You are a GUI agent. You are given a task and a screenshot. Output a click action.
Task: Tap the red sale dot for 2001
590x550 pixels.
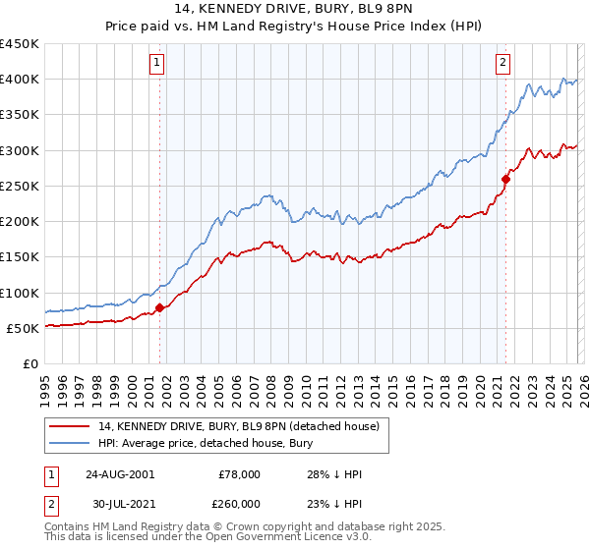[159, 307]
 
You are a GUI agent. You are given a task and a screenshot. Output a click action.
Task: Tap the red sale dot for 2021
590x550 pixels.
[505, 179]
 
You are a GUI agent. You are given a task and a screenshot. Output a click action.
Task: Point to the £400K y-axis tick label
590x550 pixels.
[20, 80]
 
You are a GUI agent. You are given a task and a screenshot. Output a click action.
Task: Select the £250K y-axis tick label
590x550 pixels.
[20, 186]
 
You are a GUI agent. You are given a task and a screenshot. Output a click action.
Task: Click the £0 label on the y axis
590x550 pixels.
[29, 363]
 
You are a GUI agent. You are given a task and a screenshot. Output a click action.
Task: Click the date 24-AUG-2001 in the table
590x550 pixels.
[119, 474]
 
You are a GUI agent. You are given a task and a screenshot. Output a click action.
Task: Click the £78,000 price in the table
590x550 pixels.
[239, 474]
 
